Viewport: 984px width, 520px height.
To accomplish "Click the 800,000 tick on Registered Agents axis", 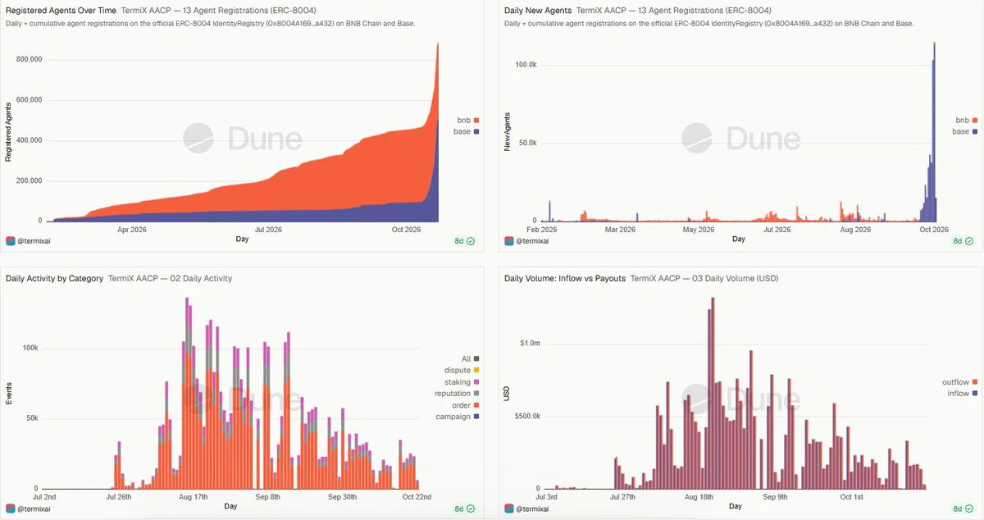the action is [29, 59].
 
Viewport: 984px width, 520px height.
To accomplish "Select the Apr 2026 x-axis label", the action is [132, 230].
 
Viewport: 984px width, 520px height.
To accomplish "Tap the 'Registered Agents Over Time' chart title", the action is [61, 10].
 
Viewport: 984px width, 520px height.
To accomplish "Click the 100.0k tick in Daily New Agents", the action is [526, 65].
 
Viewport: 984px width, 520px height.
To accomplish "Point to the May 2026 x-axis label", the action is [699, 230].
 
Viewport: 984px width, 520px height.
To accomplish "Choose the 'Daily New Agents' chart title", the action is [538, 10].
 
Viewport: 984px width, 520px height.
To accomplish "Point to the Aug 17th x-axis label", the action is [194, 497].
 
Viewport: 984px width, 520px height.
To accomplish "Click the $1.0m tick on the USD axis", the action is [530, 343].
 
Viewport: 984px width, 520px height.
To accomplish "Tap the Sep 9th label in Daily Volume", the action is [776, 497].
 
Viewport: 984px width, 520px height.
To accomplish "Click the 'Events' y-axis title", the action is [9, 394].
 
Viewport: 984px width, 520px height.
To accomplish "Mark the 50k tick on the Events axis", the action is [32, 418].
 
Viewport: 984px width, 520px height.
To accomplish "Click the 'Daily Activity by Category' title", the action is [54, 278].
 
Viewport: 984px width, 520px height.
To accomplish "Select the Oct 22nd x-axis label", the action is [417, 497].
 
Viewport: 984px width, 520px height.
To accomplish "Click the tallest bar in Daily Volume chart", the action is [713, 394].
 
